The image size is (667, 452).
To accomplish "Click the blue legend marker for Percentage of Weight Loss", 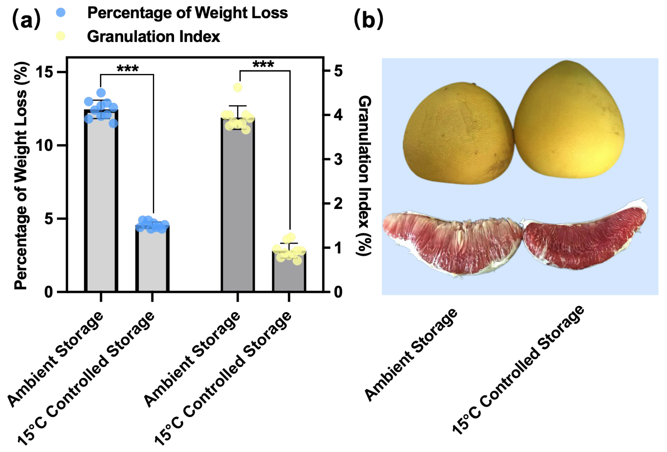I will (x=61, y=12).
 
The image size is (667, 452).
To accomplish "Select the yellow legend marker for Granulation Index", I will (x=61, y=36).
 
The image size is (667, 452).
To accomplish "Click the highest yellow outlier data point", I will (x=238, y=87).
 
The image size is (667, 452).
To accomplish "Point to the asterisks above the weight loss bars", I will (x=128, y=69).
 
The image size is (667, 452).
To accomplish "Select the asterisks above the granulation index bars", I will (x=263, y=65).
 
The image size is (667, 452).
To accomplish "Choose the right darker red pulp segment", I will (x=583, y=238).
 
